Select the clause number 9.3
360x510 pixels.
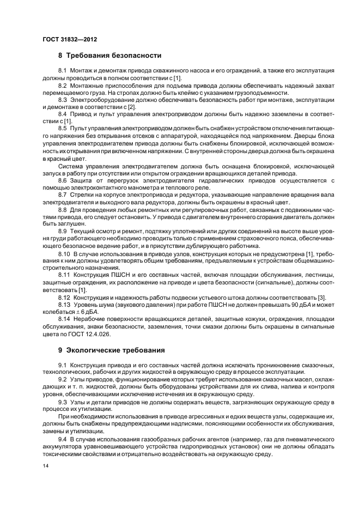pyautogui.click(x=62, y=402)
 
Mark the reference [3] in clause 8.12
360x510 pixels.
pyautogui.click(x=322, y=297)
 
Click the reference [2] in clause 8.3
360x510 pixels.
pyautogui.click(x=133, y=107)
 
